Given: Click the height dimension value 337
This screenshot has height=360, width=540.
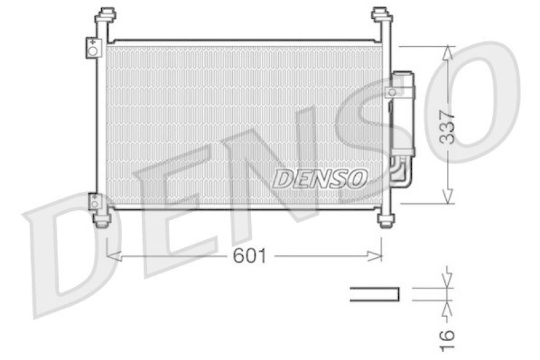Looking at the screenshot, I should pyautogui.click(x=448, y=126).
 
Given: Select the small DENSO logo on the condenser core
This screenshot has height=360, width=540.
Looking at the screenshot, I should pyautogui.click(x=320, y=178).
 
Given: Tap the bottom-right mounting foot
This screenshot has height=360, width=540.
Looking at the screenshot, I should pyautogui.click(x=385, y=220).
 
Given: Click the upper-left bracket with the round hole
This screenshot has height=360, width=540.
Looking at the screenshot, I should pyautogui.click(x=92, y=49).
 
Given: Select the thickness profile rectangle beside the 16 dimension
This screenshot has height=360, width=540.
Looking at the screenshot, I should pyautogui.click(x=375, y=294).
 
